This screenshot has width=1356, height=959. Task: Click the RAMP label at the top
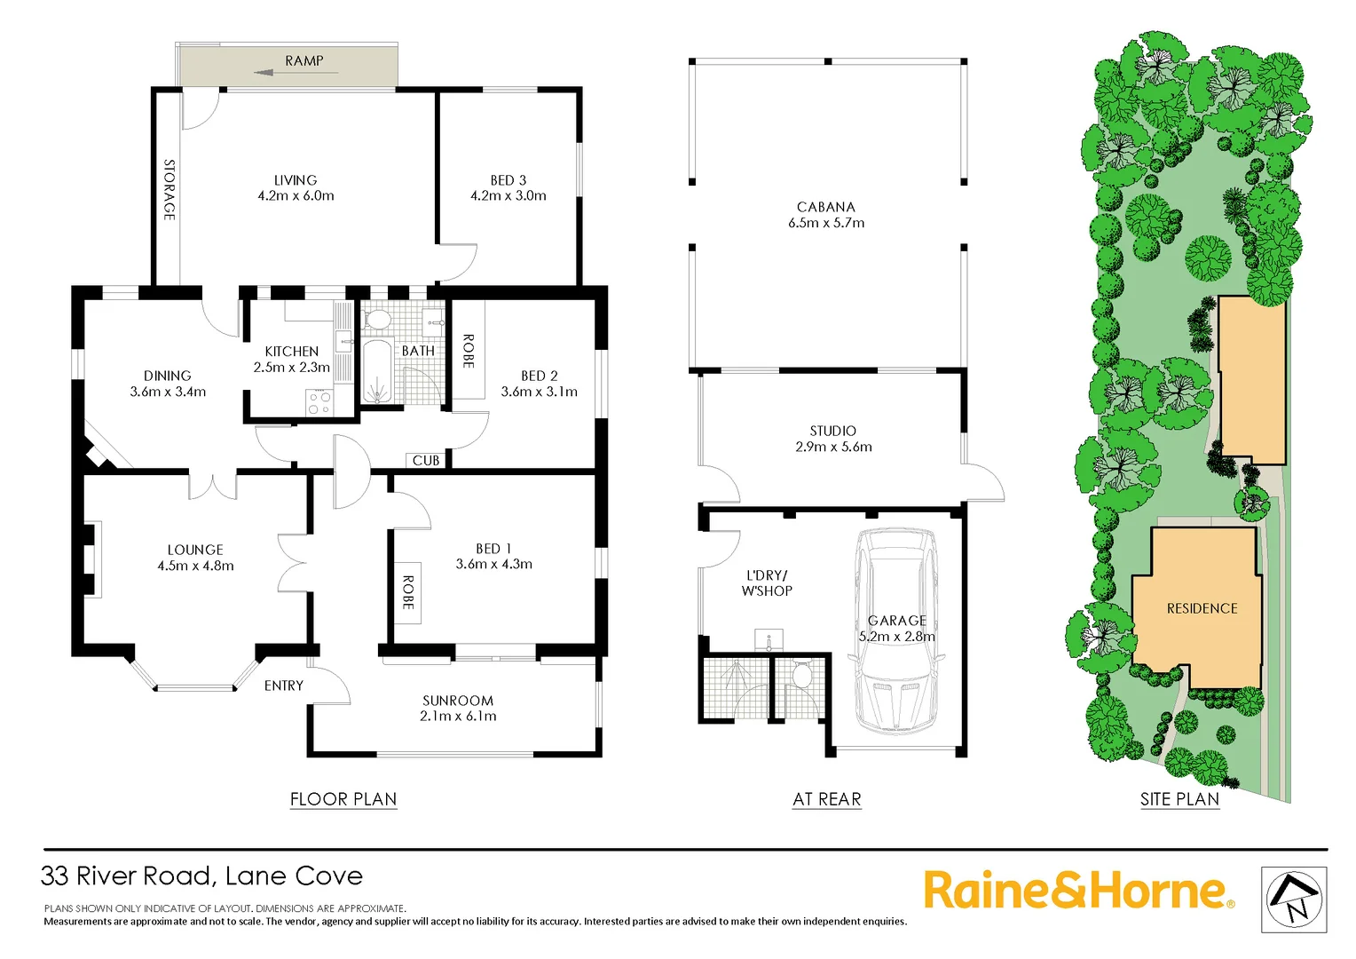304,60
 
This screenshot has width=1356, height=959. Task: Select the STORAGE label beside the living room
169,190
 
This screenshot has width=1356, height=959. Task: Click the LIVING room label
296,179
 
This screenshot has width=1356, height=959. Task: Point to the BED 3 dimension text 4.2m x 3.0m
508,196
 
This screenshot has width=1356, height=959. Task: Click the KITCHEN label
291,352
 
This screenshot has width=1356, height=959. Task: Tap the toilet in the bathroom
378,319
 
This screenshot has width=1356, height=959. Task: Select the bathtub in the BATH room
377,370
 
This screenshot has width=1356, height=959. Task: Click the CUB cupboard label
426,460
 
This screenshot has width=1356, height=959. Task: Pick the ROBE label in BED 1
407,592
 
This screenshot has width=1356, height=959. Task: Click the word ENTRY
284,686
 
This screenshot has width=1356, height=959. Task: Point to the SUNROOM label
458,701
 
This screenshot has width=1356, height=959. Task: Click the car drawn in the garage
895,630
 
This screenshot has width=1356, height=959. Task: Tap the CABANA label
826,207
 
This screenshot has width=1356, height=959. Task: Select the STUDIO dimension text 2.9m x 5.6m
833,448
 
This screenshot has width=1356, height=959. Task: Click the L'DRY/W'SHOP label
767,583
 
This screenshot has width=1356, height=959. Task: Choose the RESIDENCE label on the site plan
1202,608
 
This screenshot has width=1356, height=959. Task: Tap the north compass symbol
1294,900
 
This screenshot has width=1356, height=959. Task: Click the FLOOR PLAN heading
343,799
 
